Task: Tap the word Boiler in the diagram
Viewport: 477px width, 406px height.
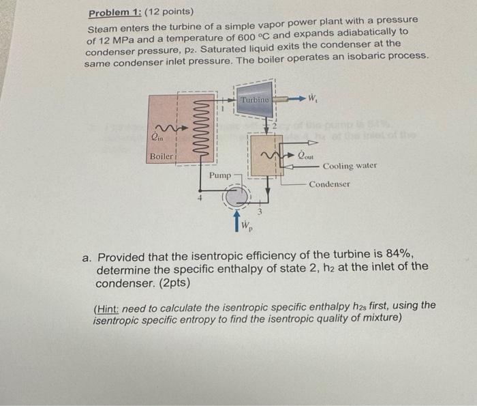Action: click(x=162, y=156)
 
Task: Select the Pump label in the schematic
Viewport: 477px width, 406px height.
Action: click(x=220, y=175)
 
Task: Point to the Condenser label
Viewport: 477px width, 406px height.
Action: click(x=330, y=184)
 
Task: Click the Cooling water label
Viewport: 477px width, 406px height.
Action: click(x=350, y=166)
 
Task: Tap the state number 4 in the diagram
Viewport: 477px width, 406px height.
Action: click(x=200, y=199)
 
